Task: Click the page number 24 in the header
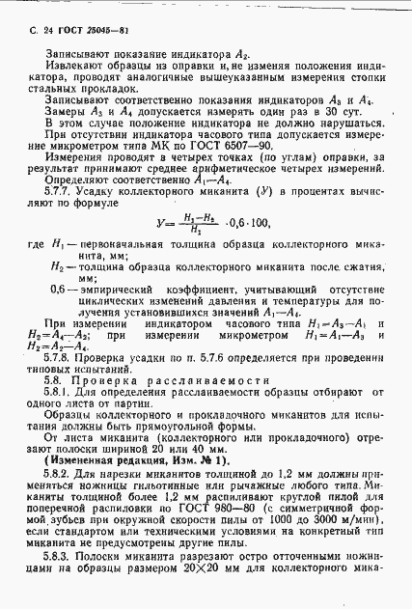[x=38, y=32]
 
